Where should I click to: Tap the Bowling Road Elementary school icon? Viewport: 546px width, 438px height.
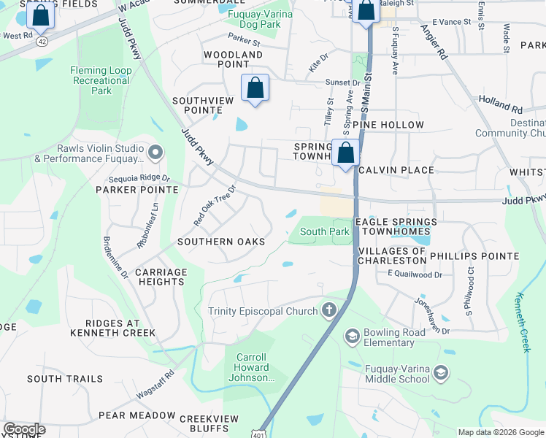coord(353,336)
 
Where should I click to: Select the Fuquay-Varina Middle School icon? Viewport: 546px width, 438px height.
coord(440,374)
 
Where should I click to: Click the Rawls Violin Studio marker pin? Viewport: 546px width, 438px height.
coord(154,153)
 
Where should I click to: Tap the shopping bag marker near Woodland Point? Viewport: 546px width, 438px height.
coord(255,88)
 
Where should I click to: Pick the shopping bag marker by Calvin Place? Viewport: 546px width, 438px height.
coord(346,153)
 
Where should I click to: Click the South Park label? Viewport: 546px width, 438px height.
coord(324,232)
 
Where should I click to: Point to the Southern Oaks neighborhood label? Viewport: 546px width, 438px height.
coord(221,242)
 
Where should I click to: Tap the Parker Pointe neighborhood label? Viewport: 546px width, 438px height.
coord(136,190)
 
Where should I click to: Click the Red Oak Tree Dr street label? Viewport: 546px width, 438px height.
coord(215,204)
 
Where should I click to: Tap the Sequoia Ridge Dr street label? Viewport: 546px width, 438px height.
coord(139,177)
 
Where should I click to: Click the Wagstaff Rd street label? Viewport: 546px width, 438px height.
coord(155,385)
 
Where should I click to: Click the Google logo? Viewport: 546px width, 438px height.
coord(24,429)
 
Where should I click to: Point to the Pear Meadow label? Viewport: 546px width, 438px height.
coord(136,415)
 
